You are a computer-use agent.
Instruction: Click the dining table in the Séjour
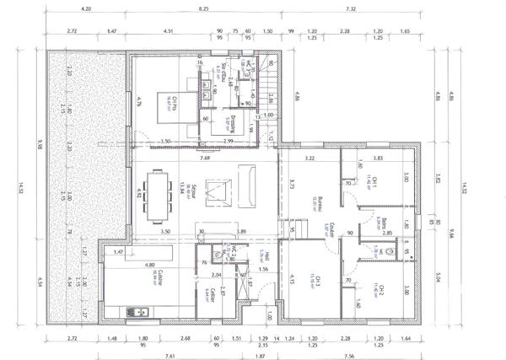[157, 196]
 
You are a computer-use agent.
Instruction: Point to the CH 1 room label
[373, 183]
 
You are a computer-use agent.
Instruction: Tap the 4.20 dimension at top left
[85, 8]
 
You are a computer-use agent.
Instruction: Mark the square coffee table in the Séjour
[218, 191]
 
